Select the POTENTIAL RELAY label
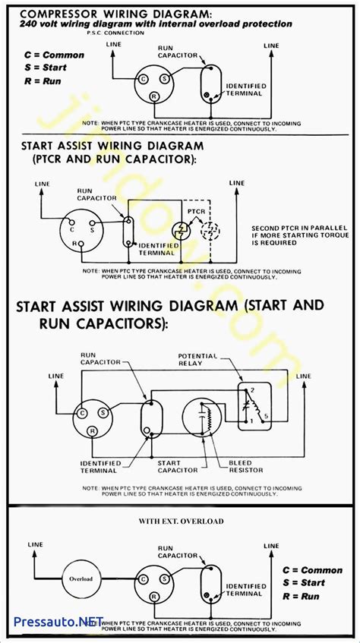pyautogui.click(x=197, y=359)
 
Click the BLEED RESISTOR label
pyautogui.click(x=245, y=467)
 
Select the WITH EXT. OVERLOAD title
pyautogui.click(x=180, y=521)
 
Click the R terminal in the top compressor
pyautogui.click(x=153, y=96)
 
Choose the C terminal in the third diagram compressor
pyautogui.click(x=81, y=412)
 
